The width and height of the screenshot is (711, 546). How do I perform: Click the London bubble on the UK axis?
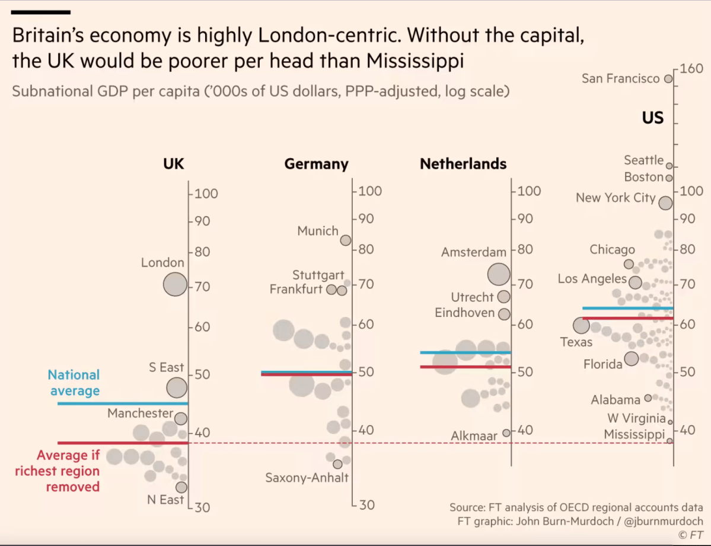(x=175, y=284)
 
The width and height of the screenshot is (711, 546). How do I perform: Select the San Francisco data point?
(x=668, y=79)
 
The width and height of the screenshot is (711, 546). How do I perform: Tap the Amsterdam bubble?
(x=499, y=274)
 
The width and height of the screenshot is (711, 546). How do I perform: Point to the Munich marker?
(x=346, y=240)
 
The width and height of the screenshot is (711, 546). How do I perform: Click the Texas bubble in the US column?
(x=581, y=325)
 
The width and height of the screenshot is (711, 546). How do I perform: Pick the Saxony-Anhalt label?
(x=307, y=477)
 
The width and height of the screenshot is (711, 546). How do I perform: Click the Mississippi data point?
(x=669, y=441)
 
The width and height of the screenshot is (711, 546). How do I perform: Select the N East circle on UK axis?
(x=181, y=487)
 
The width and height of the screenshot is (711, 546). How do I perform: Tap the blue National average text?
(x=74, y=383)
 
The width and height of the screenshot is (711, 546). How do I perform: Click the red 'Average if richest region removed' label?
(x=68, y=471)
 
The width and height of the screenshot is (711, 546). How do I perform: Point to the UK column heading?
(x=174, y=164)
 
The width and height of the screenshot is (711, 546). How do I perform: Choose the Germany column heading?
(x=316, y=164)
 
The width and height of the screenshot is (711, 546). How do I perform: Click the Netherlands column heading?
(x=463, y=164)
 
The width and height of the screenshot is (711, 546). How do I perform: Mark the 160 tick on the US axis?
(x=691, y=69)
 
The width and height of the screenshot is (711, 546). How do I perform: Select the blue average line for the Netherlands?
(x=465, y=352)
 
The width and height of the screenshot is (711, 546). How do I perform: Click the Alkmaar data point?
(x=506, y=433)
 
